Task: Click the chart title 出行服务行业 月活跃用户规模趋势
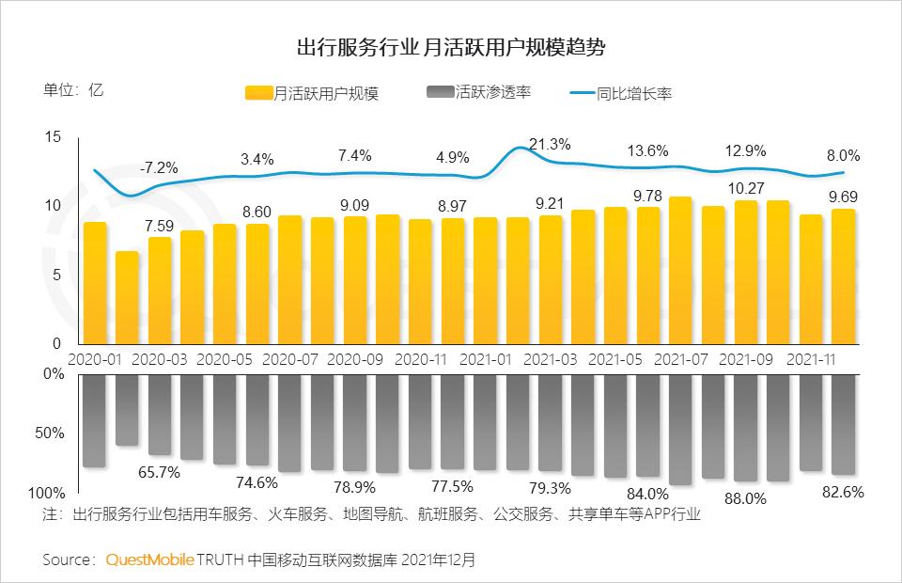450,47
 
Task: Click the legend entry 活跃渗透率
479,92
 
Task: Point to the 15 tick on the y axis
53,137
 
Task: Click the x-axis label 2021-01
488,359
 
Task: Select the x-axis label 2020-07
291,359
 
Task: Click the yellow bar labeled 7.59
160,291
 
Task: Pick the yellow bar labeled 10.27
746,273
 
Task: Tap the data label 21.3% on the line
550,144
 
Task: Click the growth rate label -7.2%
159,167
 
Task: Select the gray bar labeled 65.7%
160,414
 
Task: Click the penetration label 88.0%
747,499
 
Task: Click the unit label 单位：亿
73,90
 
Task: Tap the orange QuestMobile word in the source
149,559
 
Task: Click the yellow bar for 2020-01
95,283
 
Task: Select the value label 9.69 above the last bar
843,197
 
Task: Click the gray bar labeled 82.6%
844,424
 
